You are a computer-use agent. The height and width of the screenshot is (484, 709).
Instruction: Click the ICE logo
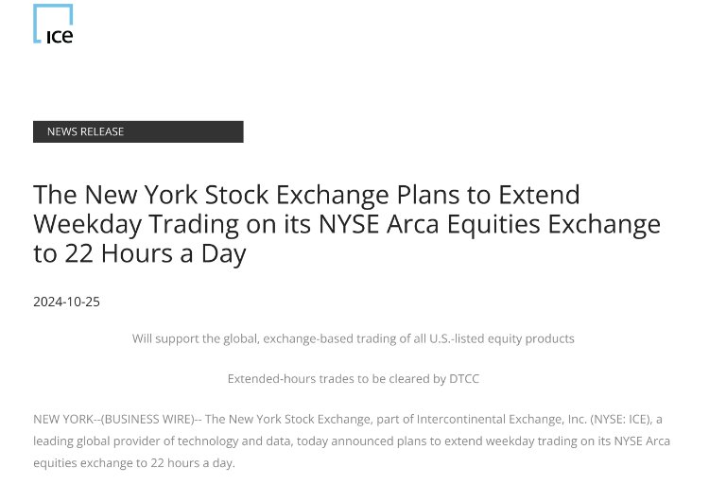pos(53,24)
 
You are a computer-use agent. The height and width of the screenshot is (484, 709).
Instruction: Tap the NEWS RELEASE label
pos(85,131)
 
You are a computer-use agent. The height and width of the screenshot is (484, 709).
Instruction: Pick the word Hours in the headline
pos(137,253)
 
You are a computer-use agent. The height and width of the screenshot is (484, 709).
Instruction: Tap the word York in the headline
pos(171,195)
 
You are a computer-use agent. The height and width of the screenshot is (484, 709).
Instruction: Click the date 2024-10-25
pos(66,302)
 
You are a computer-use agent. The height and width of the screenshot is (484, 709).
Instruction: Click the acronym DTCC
pos(464,379)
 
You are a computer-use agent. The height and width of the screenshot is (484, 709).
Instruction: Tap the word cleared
pos(408,379)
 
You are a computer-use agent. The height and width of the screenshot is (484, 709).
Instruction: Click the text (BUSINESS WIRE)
pos(148,420)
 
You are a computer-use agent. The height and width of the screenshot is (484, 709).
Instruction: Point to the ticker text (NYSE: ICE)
pos(621,420)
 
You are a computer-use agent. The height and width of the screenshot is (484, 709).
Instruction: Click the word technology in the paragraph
pos(208,441)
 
